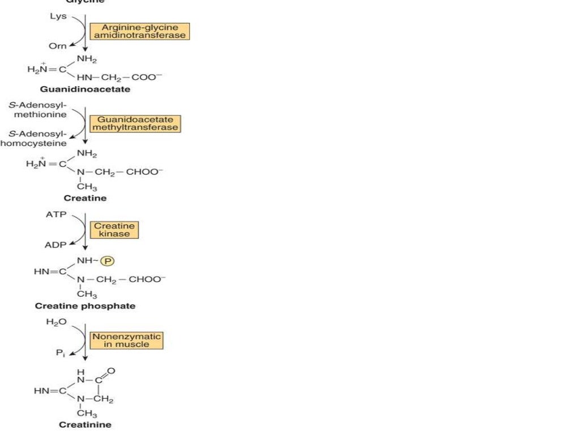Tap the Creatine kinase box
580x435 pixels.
(114, 229)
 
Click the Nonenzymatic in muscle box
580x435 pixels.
(127, 340)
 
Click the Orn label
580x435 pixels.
(58, 46)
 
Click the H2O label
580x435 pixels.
(57, 322)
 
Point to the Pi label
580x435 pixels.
(59, 352)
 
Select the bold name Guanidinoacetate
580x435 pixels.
(85, 89)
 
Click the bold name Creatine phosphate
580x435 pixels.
(85, 306)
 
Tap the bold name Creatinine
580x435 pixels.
(85, 424)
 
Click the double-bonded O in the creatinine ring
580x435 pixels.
(110, 371)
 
